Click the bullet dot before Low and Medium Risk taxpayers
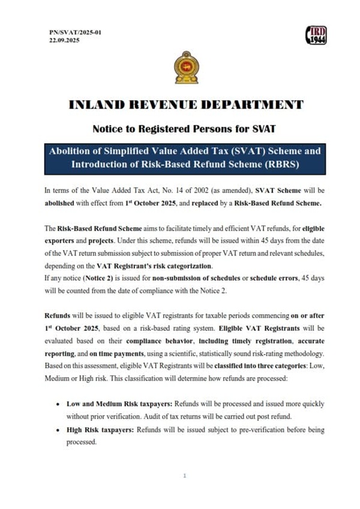click(56, 404)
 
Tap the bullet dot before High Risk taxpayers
click(56, 430)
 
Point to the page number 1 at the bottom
click(185, 475)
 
